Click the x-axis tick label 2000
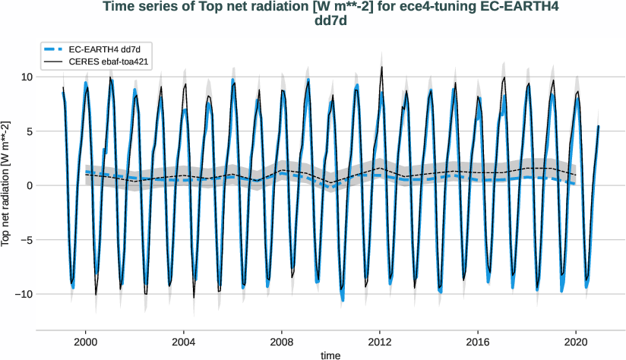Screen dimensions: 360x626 [x=85, y=342]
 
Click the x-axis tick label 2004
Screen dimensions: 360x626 [x=183, y=342]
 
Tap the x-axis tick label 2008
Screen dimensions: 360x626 [x=282, y=342]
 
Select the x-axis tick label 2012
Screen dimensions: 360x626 [x=380, y=342]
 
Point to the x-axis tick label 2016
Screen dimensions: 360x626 [x=478, y=342]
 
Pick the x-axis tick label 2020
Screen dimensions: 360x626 [x=576, y=342]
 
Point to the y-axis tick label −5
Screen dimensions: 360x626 [x=24, y=240]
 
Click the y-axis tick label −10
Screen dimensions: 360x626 [x=22, y=294]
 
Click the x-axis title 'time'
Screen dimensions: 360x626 [x=330, y=355]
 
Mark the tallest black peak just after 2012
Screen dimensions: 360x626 [x=381, y=67]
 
